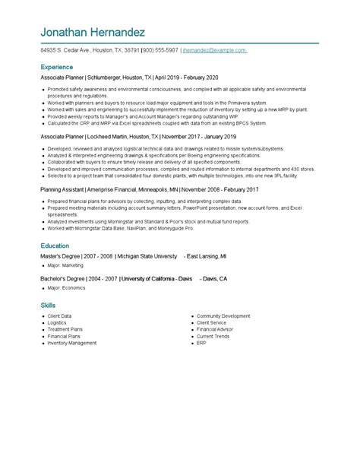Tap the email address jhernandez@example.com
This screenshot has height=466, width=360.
(x=214, y=51)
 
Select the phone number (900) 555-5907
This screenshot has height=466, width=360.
(x=159, y=51)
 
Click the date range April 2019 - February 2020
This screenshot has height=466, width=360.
(x=187, y=78)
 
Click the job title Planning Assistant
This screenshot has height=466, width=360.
(x=62, y=189)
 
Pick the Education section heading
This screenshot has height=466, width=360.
(x=55, y=246)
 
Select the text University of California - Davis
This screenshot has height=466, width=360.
(x=156, y=279)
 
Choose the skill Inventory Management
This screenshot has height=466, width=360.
(x=72, y=343)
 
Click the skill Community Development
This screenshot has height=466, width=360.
(x=223, y=315)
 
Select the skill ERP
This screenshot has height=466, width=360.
(x=201, y=343)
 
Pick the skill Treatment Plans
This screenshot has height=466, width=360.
(x=65, y=329)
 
